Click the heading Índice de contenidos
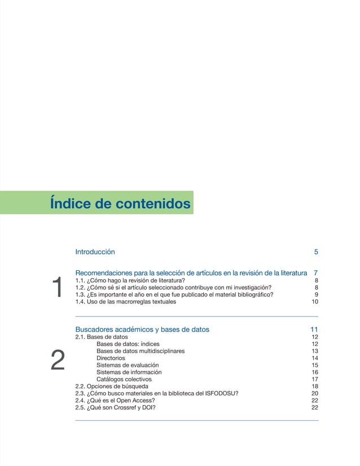pos(120,203)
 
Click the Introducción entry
pos(95,252)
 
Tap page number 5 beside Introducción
pos(316,252)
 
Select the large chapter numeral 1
pos(56,288)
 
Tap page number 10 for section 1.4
pos(315,301)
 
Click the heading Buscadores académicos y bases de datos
pos(142,329)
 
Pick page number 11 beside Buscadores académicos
pos(314,329)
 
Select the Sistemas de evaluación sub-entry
pos(128,366)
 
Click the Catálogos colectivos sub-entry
pos(124,379)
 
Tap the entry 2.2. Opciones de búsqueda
pos(112,386)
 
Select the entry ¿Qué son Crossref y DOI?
pos(121,408)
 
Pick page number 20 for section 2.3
pos(315,394)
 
